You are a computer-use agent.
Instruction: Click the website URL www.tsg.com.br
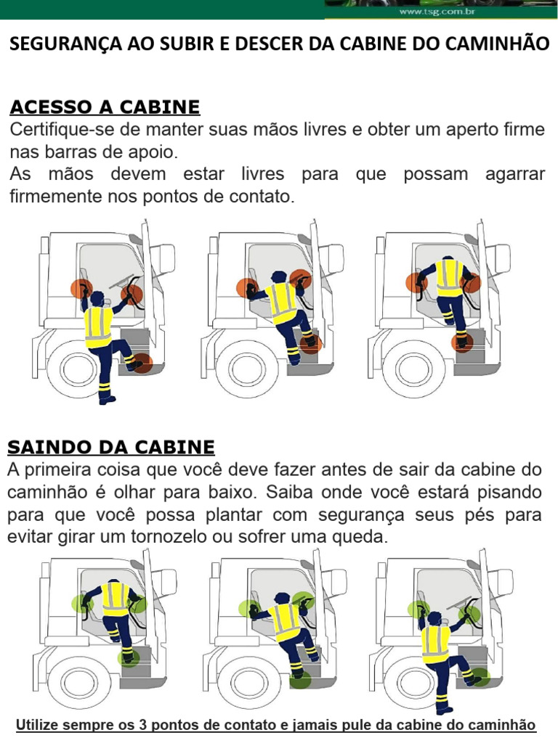coord(432,12)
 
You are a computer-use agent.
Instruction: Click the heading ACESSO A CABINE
coord(104,107)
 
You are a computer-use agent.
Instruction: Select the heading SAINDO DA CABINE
coord(111,446)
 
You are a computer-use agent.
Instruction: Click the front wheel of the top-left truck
coord(78,369)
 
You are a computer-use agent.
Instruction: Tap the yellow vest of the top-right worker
coord(449,277)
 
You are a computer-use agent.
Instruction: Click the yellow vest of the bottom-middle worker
coord(284,620)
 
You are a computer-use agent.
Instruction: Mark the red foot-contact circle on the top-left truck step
coord(142,363)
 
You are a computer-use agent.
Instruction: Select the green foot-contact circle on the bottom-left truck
coord(129,657)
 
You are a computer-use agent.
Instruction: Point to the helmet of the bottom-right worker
coord(434,617)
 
